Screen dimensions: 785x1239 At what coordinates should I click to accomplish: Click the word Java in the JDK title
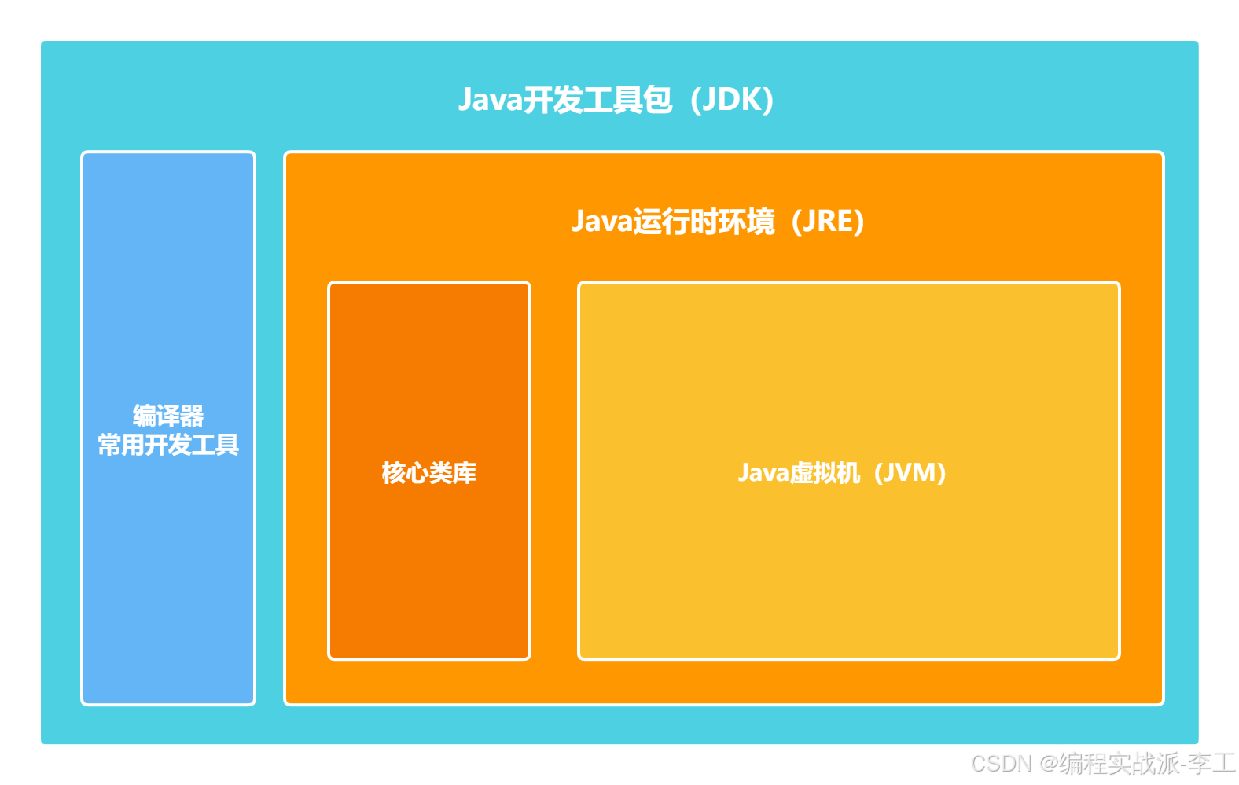[x=490, y=101]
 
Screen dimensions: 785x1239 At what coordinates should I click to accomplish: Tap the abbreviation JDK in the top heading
[x=732, y=101]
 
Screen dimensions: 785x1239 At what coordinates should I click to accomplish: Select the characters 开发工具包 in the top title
[x=597, y=101]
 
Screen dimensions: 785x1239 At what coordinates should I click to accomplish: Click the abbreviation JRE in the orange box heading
[x=827, y=222]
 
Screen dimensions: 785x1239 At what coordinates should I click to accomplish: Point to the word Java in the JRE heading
[x=601, y=222]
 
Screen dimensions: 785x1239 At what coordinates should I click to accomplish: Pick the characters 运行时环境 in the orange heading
[x=704, y=222]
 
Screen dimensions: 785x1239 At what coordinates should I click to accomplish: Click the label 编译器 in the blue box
[x=168, y=416]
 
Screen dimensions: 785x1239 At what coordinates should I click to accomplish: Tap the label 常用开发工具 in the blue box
[x=168, y=446]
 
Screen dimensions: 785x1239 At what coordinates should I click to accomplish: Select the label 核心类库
[x=429, y=473]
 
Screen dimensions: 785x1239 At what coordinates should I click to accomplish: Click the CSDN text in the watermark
[x=1000, y=763]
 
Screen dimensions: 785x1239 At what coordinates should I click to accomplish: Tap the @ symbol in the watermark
[x=1047, y=763]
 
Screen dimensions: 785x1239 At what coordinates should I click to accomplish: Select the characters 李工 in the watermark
[x=1211, y=763]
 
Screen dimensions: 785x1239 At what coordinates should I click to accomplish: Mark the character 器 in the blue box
[x=192, y=416]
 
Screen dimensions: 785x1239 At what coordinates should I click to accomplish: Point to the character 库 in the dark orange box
[x=465, y=473]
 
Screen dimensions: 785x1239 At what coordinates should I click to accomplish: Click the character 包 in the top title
[x=657, y=101]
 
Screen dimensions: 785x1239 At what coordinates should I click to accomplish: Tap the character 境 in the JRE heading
[x=761, y=222]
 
